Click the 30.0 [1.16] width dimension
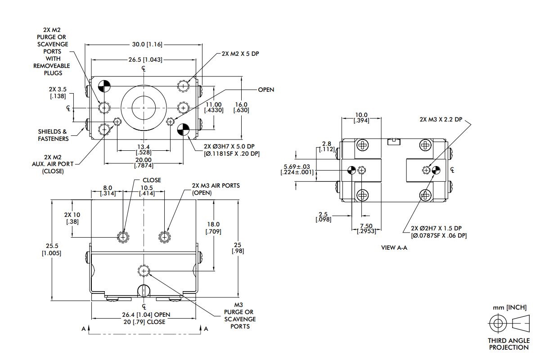[147, 44]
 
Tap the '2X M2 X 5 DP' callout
[240, 53]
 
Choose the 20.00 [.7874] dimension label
[144, 162]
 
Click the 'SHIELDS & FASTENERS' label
[53, 135]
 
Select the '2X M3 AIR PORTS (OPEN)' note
[216, 189]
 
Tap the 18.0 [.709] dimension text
[213, 228]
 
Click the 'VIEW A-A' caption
[394, 247]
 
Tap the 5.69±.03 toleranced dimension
[297, 169]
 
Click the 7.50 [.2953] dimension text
[365, 228]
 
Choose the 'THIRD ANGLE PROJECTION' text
[508, 344]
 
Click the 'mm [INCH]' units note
[509, 308]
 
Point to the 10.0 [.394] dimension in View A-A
[361, 118]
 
